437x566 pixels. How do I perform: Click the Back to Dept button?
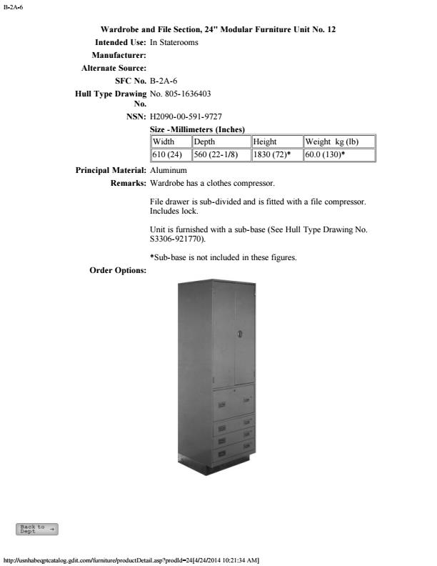click(x=37, y=529)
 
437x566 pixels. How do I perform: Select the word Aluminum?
click(x=169, y=171)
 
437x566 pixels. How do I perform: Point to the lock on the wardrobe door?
click(x=240, y=334)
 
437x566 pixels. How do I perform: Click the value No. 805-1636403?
click(x=180, y=94)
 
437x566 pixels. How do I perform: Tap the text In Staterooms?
click(x=174, y=43)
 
